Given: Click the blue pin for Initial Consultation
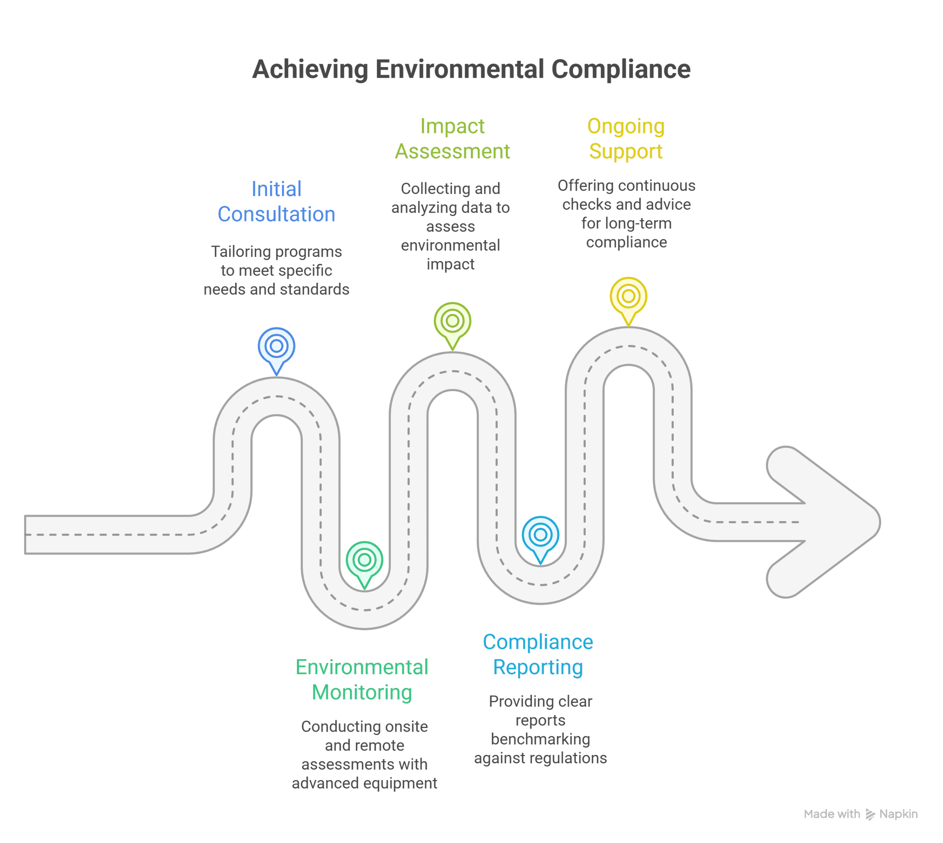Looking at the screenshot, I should click(x=276, y=347).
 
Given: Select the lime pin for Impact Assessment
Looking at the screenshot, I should click(x=452, y=321).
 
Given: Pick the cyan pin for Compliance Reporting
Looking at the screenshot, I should click(x=540, y=536).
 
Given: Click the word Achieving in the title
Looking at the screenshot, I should click(x=310, y=69).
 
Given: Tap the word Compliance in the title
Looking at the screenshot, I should click(x=620, y=69).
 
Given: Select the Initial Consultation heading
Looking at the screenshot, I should click(x=276, y=202).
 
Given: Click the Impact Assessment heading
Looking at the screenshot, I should click(x=452, y=139).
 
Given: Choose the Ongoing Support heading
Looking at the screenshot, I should click(x=626, y=139).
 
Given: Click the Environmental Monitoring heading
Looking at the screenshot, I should click(x=362, y=679).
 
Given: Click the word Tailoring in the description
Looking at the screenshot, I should click(x=241, y=251).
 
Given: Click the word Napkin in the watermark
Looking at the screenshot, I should click(x=898, y=814).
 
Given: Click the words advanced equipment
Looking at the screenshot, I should click(x=364, y=783).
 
